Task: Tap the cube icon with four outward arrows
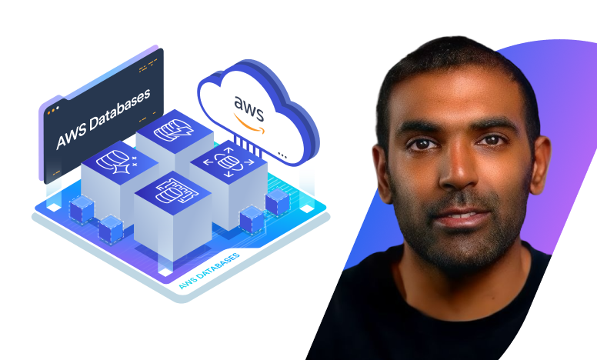[x=227, y=162]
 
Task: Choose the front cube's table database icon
[x=172, y=192]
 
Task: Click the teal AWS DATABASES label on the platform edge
[x=208, y=270]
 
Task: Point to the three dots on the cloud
[x=282, y=154]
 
